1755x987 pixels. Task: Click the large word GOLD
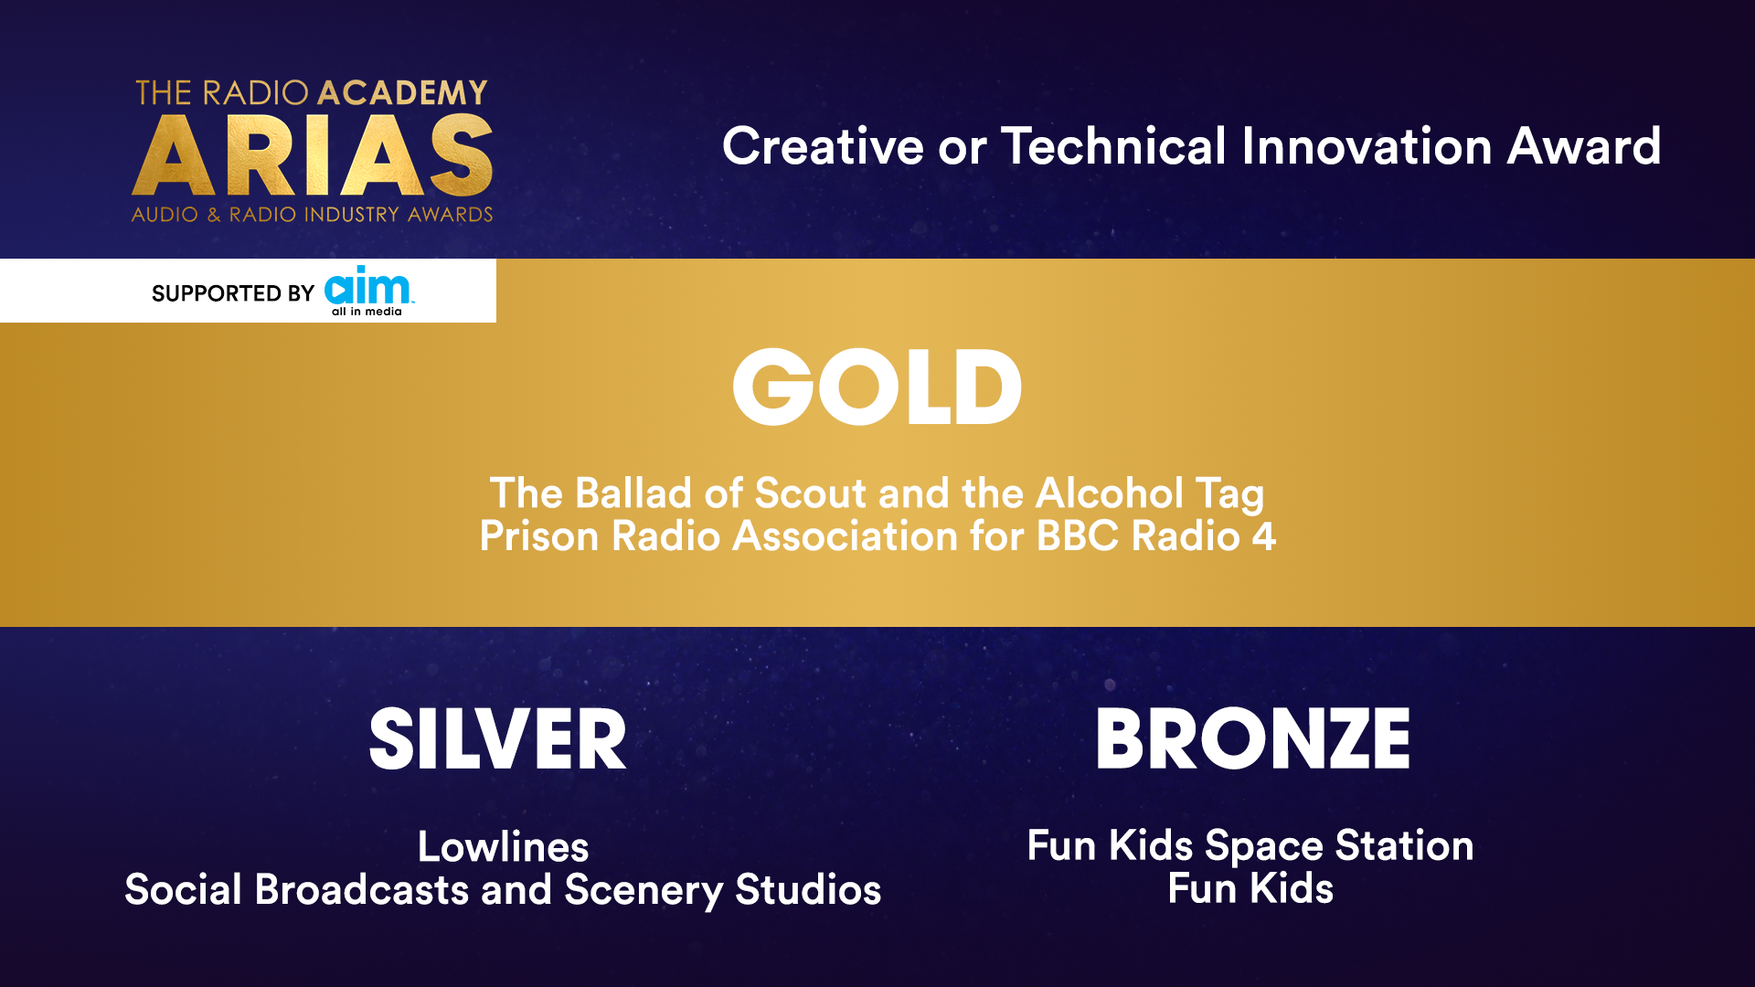pos(877,387)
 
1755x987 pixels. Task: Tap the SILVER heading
pos(498,738)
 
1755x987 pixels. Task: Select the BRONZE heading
pos(1253,738)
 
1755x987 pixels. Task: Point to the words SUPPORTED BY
pos(233,293)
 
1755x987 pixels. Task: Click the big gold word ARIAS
pos(313,155)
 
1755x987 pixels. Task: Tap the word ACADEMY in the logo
pos(402,92)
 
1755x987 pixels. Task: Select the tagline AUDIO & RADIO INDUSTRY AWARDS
pos(313,215)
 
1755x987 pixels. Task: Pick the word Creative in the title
pos(823,146)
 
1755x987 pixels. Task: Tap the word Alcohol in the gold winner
pos(1110,493)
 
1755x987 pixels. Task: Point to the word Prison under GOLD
pos(539,536)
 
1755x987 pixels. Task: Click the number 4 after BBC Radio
pos(1264,536)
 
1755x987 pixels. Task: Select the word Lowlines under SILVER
pos(504,847)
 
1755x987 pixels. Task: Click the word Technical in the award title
pos(1113,146)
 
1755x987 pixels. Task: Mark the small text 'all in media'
pos(367,312)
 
